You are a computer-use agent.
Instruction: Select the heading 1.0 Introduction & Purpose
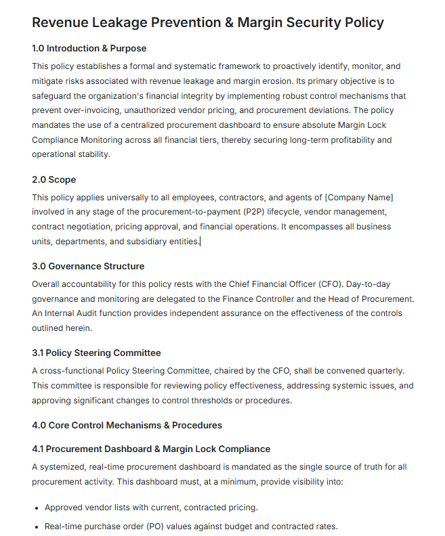[x=89, y=49]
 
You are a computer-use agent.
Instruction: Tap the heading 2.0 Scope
[x=54, y=180]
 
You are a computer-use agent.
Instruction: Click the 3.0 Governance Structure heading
[x=88, y=267]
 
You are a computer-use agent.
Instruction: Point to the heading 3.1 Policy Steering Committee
[x=96, y=353]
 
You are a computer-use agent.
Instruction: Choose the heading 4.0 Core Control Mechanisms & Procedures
[x=127, y=426]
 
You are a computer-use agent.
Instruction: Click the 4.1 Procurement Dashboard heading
[x=151, y=449]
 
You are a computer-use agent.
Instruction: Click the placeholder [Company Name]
[x=359, y=197]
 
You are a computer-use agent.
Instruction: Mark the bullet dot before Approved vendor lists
[x=37, y=508]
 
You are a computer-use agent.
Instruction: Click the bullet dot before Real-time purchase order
[x=37, y=527]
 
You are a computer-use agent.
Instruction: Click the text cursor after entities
[x=200, y=242]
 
